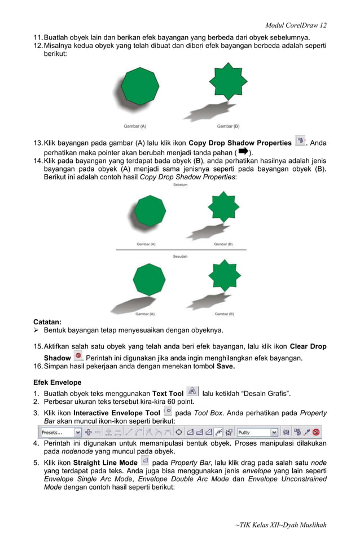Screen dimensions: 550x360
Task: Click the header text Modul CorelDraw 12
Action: point(296,25)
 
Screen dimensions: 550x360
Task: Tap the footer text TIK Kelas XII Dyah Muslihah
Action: point(280,525)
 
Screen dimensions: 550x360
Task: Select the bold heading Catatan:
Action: point(47,322)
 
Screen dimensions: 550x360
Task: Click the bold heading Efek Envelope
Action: point(57,382)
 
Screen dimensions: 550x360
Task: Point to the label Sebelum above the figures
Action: point(181,184)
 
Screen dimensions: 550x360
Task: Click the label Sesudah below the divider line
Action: point(181,257)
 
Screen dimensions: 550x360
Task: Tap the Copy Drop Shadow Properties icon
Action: point(300,140)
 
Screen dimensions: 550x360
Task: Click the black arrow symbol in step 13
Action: point(243,152)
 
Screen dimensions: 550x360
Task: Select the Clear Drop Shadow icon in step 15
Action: point(78,357)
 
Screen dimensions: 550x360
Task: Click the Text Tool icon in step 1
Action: point(192,391)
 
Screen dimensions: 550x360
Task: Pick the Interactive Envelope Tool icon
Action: point(168,412)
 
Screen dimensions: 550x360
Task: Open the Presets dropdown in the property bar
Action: point(61,432)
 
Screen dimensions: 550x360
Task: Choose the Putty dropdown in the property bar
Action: point(257,432)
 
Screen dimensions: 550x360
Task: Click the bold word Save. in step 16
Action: point(226,366)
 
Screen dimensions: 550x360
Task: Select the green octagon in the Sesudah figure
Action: point(149,279)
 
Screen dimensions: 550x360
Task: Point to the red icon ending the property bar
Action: point(317,432)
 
